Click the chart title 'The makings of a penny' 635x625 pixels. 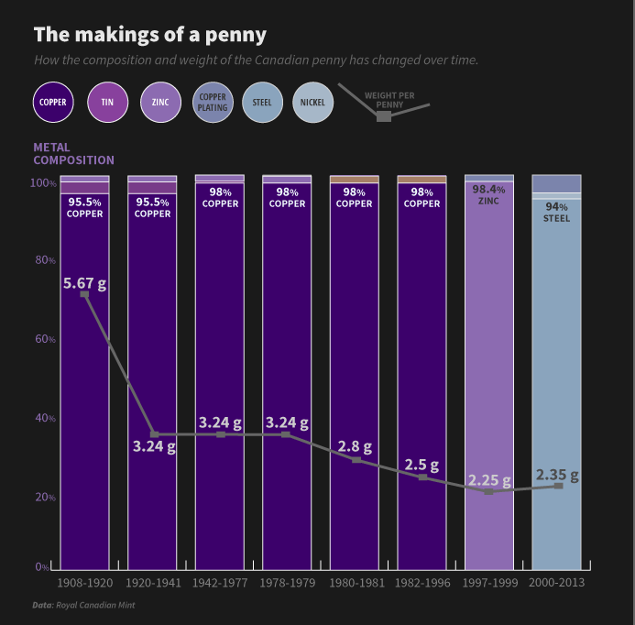150,35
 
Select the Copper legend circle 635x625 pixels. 54,103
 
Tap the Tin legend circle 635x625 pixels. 107,103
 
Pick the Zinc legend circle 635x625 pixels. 160,103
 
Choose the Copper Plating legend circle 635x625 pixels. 213,103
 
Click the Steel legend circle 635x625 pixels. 262,103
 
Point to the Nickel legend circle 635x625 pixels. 312,103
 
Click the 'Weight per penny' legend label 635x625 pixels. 389,100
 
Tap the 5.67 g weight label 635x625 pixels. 84,283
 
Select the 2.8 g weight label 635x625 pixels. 355,447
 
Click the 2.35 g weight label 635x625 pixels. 557,475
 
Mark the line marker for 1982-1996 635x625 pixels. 422,477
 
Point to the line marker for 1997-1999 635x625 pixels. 489,491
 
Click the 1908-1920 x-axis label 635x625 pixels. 84,583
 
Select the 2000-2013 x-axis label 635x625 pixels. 556,583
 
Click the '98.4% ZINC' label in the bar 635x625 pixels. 489,194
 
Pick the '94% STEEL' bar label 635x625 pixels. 556,213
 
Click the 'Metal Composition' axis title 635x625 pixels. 73,154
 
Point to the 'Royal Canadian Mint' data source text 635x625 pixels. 95,605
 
